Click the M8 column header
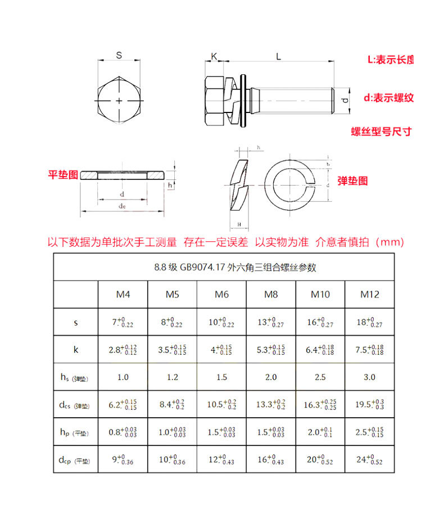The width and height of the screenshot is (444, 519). coord(271,294)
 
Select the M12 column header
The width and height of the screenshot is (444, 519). coord(370,294)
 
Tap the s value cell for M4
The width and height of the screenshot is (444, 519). coord(123,322)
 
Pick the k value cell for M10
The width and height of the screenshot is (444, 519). coord(320,349)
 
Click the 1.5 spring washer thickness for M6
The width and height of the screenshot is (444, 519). coord(221,377)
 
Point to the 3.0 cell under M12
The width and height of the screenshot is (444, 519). coord(370,377)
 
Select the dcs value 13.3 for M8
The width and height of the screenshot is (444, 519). coord(271,404)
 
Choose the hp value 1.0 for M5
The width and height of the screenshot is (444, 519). coord(173,432)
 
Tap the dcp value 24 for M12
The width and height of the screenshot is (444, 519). coord(370,459)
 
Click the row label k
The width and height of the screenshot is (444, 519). coord(76,349)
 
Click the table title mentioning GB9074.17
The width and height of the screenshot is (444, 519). coord(235,268)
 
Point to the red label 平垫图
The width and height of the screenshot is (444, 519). coord(62,175)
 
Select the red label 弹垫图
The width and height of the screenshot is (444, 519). coord(352,181)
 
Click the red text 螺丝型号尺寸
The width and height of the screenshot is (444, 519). coord(381,132)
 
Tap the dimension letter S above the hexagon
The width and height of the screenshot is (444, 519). coord(119,55)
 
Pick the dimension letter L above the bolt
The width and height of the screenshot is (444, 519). coord(279,56)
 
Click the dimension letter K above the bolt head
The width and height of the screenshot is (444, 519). coord(214,56)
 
